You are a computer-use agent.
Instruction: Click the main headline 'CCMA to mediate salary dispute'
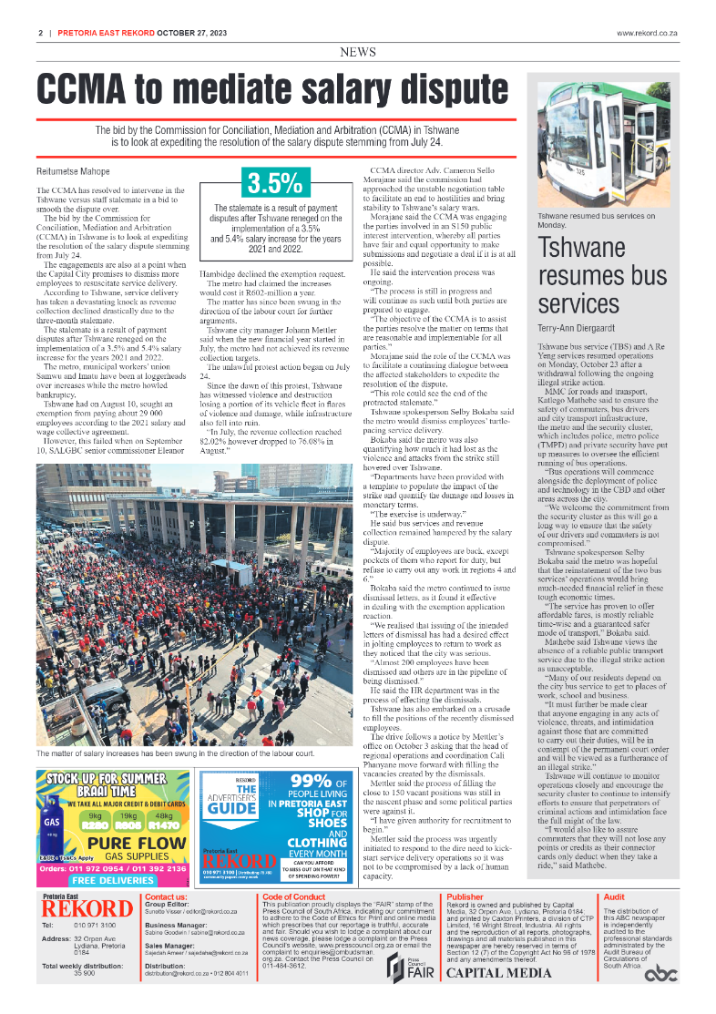tap(272, 91)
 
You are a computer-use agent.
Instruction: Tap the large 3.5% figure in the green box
tap(273, 183)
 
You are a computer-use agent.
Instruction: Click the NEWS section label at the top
tap(357, 53)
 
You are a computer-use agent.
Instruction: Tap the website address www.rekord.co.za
tap(648, 33)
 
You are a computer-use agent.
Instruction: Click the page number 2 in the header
tap(41, 33)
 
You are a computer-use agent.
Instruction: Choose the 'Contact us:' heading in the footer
tap(167, 897)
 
